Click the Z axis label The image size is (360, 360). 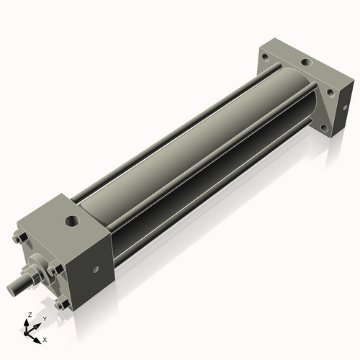tap(29, 315)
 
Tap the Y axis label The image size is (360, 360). tap(44, 319)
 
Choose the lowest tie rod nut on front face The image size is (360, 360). tap(63, 304)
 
